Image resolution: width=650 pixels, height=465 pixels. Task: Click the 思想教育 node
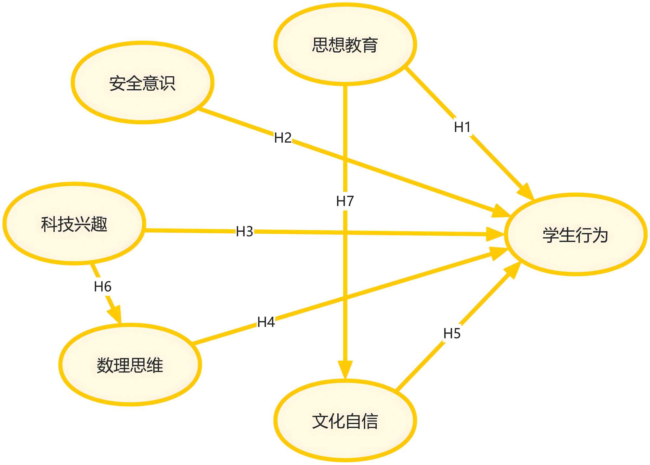pyautogui.click(x=345, y=45)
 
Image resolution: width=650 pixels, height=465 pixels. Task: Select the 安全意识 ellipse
pyautogui.click(x=142, y=83)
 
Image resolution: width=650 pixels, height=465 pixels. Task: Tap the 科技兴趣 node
pyautogui.click(x=74, y=224)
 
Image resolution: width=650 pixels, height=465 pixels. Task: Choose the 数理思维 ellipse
pyautogui.click(x=130, y=365)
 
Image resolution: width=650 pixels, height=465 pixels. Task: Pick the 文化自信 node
pyautogui.click(x=345, y=421)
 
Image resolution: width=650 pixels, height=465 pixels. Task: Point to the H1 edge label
pyautogui.click(x=462, y=127)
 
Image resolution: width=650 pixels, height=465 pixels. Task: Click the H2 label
pyautogui.click(x=283, y=138)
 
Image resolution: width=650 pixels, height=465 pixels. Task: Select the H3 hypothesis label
pyautogui.click(x=244, y=231)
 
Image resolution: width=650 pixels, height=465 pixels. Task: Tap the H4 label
pyautogui.click(x=266, y=322)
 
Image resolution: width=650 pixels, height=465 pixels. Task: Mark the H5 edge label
pyautogui.click(x=452, y=333)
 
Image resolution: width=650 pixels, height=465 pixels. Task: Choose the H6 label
pyautogui.click(x=103, y=287)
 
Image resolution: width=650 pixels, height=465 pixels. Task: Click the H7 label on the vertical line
pyautogui.click(x=345, y=201)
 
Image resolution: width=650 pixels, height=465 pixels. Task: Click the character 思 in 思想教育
pyautogui.click(x=320, y=45)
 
